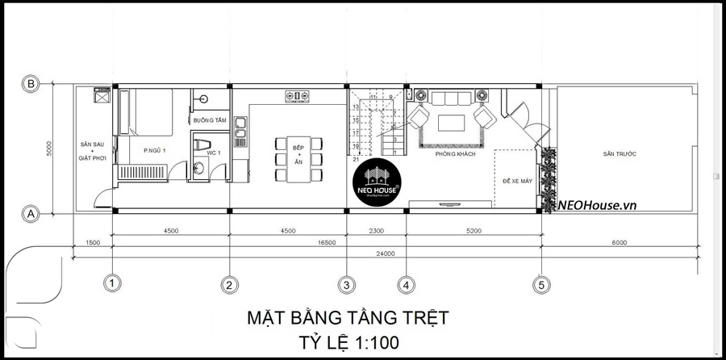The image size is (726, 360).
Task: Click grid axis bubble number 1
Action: [x=113, y=283]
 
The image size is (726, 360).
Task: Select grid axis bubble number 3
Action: [x=346, y=284]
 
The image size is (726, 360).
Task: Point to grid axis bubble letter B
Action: [x=31, y=84]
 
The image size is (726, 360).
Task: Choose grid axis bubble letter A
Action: [x=31, y=214]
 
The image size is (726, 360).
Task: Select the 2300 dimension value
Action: [x=376, y=231]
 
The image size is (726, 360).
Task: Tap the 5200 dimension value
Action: [x=473, y=231]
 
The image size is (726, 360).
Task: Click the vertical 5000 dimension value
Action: [x=49, y=149]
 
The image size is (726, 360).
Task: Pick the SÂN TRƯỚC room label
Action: [x=618, y=153]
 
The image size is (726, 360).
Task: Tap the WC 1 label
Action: [x=214, y=153]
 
